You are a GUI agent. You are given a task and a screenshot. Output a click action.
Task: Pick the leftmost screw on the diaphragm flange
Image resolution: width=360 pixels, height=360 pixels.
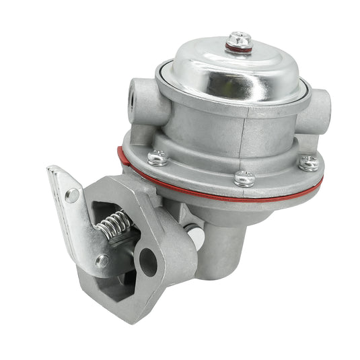158,157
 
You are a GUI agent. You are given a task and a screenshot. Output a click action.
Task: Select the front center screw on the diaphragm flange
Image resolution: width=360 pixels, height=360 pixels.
244,179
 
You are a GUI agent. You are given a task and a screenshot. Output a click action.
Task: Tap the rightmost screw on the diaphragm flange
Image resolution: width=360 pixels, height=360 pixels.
309,161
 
